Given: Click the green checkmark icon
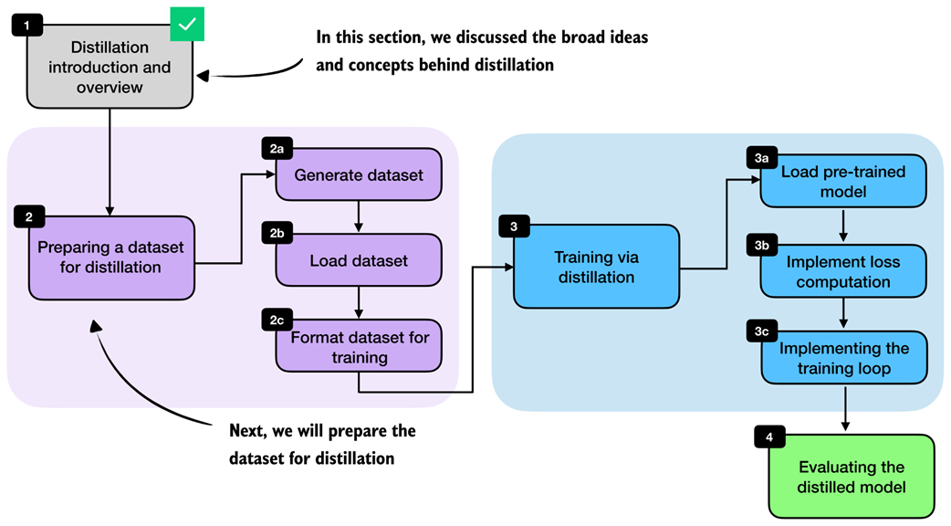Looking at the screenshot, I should pyautogui.click(x=187, y=25).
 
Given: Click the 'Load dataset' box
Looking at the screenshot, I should pyautogui.click(x=359, y=261).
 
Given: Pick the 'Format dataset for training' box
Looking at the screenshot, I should pyautogui.click(x=359, y=348).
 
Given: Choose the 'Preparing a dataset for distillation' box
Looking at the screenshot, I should pyautogui.click(x=111, y=258).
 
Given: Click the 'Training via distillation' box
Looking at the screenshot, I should pyautogui.click(x=596, y=266).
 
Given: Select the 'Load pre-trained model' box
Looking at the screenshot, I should pyautogui.click(x=843, y=182).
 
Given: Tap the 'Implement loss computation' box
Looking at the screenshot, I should pyautogui.click(x=843, y=271).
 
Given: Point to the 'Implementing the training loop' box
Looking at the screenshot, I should pyautogui.click(x=843, y=359).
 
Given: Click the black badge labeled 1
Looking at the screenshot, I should pyautogui.click(x=27, y=25).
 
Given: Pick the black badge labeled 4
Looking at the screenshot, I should pyautogui.click(x=769, y=437).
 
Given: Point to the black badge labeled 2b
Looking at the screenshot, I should pyautogui.click(x=277, y=233).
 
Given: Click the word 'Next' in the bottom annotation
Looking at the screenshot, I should pyautogui.click(x=249, y=430).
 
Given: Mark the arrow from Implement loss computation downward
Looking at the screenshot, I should pyautogui.click(x=843, y=313).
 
